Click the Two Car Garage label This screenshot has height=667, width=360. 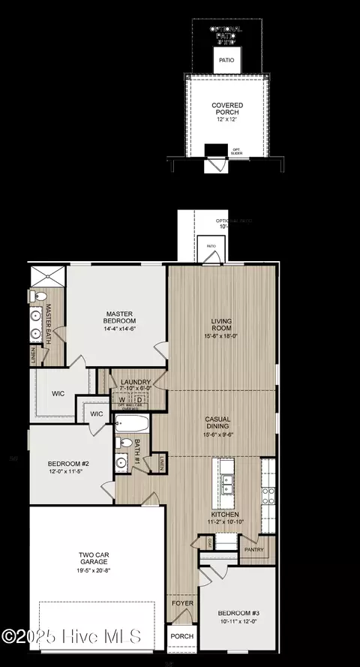(95, 560)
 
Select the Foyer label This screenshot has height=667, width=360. (181, 602)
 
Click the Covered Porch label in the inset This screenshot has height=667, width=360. (226, 111)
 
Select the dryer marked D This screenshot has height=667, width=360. (139, 399)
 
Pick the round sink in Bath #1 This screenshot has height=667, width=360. (121, 461)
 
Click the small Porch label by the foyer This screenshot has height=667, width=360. (181, 636)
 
